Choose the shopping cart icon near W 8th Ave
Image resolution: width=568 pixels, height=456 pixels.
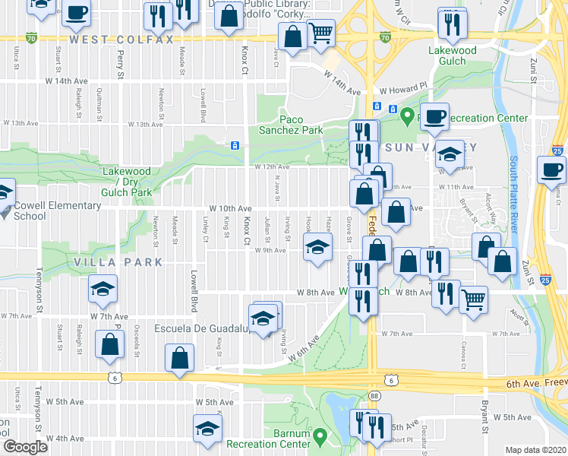pos(473,299)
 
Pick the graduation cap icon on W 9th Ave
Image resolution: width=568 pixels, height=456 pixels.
pos(318,245)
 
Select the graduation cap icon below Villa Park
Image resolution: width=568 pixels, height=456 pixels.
pos(103,288)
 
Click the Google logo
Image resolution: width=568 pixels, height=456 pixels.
pos(26,447)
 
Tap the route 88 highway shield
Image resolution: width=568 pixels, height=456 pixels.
pos(374,396)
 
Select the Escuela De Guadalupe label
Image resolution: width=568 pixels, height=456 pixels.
pos(200,329)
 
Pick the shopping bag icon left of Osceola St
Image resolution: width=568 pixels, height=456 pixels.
pos(110,343)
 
